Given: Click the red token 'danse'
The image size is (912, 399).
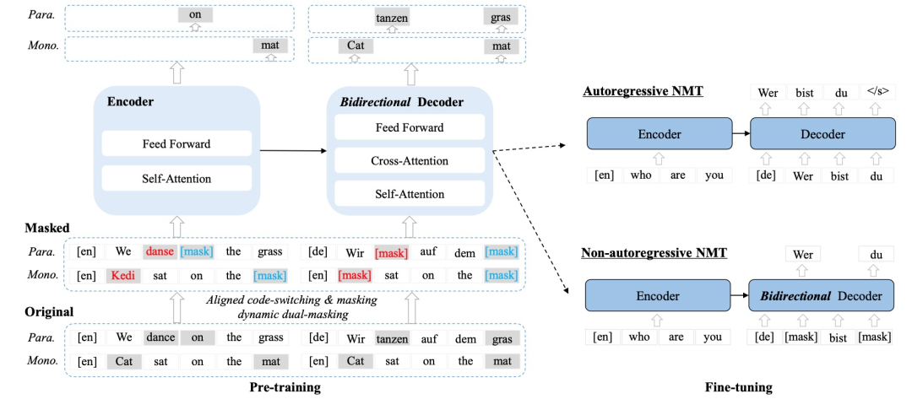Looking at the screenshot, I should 160,251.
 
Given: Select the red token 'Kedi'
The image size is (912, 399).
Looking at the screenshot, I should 121,275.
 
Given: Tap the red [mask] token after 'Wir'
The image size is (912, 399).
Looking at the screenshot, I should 391,252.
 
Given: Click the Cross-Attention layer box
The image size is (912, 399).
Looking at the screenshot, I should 410,160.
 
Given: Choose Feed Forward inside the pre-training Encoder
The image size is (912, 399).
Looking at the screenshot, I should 176,143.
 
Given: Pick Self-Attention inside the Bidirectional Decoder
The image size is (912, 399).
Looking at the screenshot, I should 410,194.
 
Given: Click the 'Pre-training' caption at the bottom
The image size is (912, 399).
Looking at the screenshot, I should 285,387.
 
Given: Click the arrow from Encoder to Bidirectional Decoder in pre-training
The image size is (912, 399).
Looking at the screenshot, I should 291,151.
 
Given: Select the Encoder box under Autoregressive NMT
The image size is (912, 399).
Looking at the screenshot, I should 659,133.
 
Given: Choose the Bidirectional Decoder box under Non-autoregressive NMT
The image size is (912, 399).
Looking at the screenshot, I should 822,296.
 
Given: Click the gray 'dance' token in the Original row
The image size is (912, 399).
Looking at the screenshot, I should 160,337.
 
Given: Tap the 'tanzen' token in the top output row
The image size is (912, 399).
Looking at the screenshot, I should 391,18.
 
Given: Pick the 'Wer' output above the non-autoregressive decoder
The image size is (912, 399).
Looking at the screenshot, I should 803,254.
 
